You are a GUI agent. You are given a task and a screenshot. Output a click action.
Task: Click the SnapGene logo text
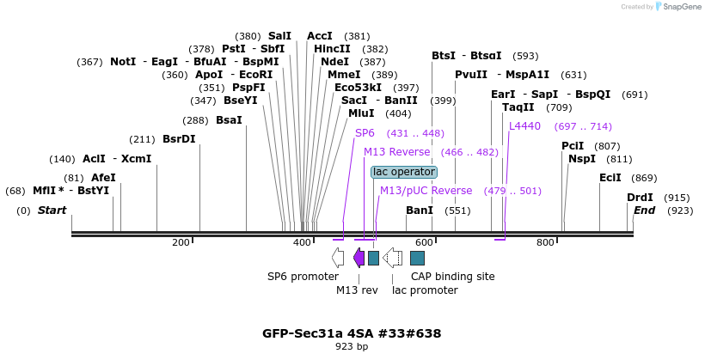point(677,7)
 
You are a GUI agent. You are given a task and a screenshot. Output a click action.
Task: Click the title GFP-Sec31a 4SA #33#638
point(352,333)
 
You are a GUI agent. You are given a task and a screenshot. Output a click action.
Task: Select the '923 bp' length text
point(352,347)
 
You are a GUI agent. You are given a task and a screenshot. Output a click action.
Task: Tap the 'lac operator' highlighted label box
point(403,172)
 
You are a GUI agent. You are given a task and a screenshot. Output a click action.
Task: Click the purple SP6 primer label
point(365,133)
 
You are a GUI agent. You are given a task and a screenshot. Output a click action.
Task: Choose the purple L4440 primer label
point(524,126)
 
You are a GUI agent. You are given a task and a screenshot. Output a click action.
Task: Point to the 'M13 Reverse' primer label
point(396,152)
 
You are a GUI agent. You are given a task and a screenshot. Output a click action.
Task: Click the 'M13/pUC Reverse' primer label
point(426,191)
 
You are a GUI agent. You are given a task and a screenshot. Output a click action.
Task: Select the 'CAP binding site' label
point(452,277)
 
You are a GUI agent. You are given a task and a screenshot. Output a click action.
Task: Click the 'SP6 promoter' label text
point(303,277)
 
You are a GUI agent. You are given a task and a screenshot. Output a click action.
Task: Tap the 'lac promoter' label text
point(425,290)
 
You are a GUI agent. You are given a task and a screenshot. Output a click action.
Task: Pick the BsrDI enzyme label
point(179,139)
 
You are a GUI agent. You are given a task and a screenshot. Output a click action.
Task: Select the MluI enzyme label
point(361,113)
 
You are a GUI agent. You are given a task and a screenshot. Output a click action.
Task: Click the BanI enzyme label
point(420,211)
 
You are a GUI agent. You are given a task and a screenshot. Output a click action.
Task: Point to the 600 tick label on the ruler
point(424,243)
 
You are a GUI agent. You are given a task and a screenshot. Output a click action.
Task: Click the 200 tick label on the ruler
point(181,243)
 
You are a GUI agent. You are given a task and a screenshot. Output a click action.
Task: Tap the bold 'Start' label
point(52,211)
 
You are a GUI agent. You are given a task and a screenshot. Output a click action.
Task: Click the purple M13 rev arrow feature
point(359,258)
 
